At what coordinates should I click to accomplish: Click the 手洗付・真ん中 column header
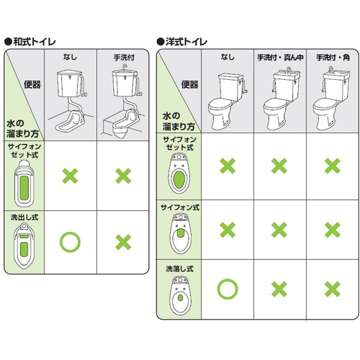[280, 58]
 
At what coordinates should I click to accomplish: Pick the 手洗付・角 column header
[333, 58]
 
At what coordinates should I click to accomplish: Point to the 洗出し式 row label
[24, 217]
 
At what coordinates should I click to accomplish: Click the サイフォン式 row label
[180, 207]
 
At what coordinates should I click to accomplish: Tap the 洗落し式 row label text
[179, 269]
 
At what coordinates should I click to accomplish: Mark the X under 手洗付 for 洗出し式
[123, 242]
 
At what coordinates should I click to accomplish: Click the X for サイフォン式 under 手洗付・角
[333, 230]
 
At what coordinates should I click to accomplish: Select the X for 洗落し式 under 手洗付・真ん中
[279, 289]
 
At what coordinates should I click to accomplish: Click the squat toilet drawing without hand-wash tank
[71, 101]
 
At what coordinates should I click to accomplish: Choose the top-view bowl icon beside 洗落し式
[180, 295]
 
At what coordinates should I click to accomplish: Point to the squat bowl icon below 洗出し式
[24, 246]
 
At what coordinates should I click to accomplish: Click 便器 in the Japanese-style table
[32, 85]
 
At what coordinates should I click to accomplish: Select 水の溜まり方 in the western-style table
[179, 122]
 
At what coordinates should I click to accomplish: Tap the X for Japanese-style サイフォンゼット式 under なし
[70, 176]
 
